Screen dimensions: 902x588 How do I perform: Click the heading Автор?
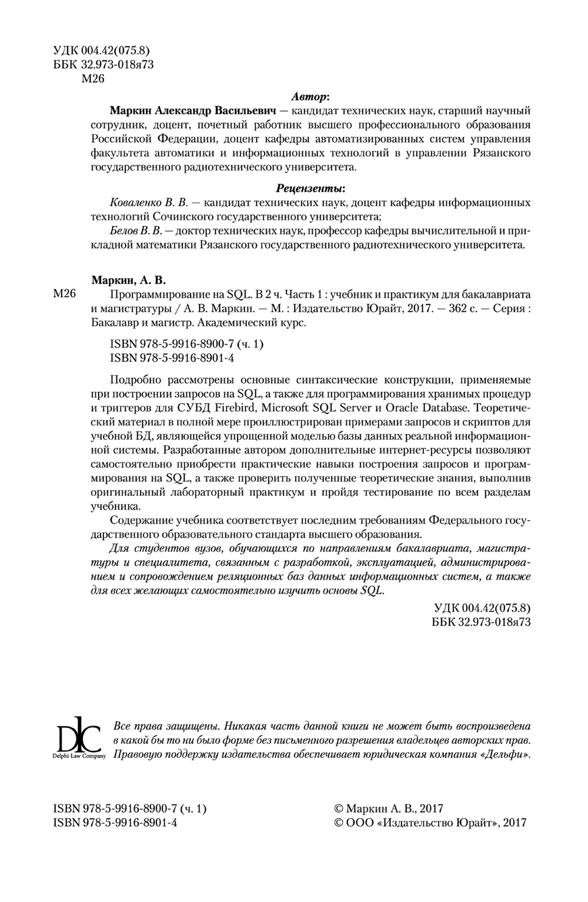coord(310,96)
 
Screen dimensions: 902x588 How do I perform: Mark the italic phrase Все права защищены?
coord(159,726)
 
